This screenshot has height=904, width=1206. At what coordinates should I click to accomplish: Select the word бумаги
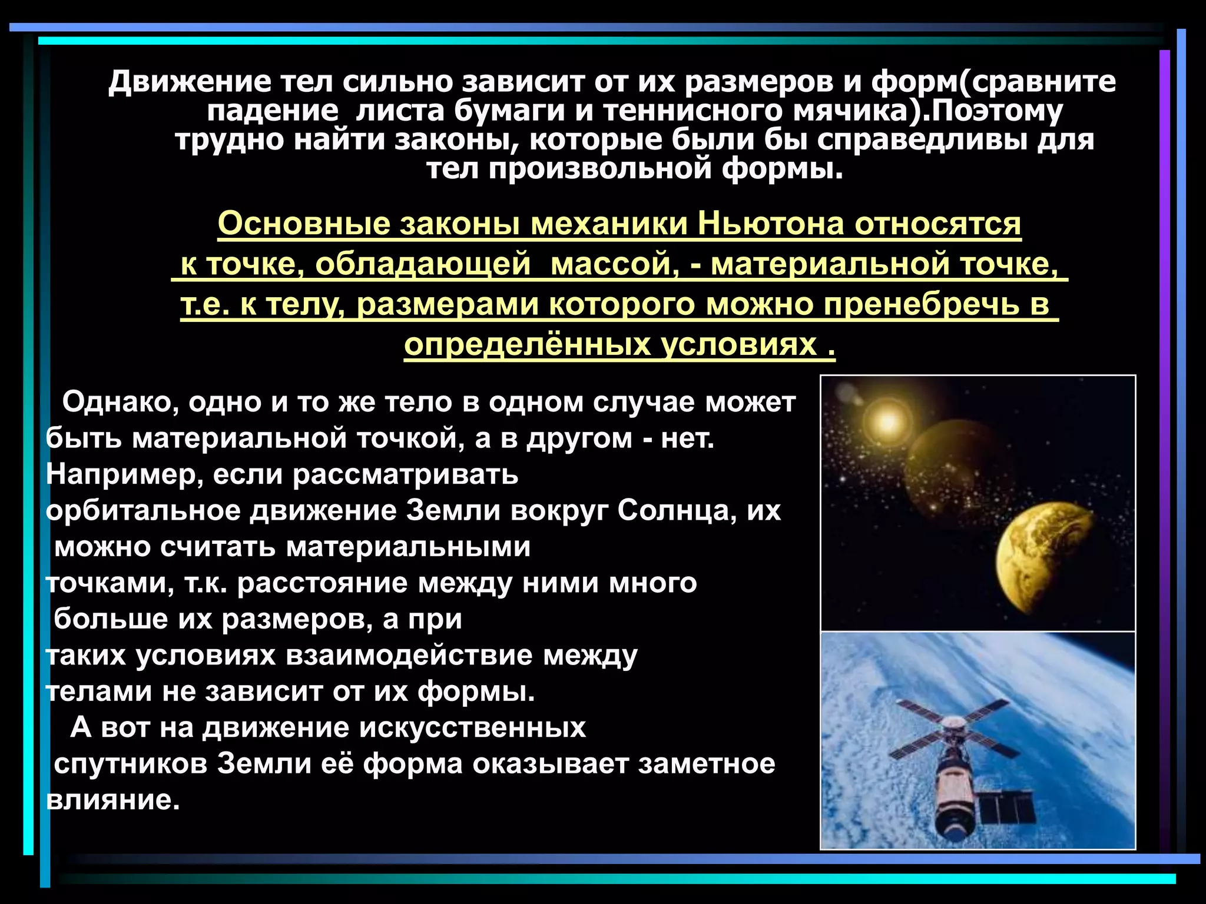(509, 111)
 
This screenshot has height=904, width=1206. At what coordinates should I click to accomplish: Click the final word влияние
(112, 800)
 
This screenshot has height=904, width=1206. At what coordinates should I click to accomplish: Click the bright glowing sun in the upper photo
(887, 420)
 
